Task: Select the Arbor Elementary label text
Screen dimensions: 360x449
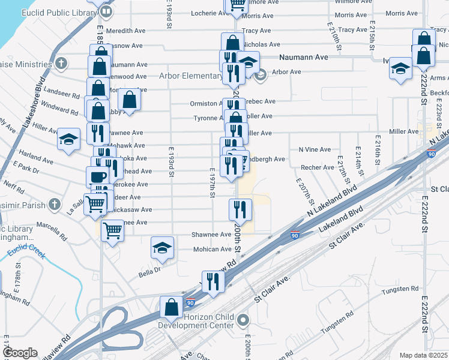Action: [x=190, y=76]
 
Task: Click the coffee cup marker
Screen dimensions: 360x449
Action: [x=98, y=176]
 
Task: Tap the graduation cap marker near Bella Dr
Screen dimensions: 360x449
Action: [x=162, y=248]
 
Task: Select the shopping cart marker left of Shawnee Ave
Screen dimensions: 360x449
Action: [x=112, y=230]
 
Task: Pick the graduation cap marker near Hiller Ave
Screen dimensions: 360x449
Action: [x=69, y=140]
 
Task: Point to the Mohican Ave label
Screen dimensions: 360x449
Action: [x=212, y=249]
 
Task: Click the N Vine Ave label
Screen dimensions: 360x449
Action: [x=315, y=149]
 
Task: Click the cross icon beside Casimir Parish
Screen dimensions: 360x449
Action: [x=55, y=203]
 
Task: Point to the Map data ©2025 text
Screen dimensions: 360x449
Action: [x=423, y=355]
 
